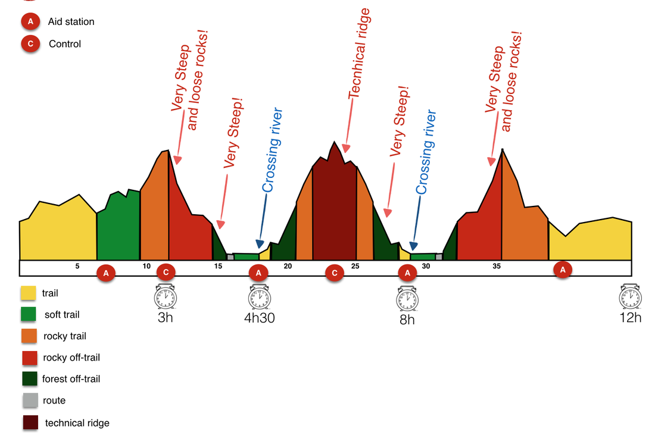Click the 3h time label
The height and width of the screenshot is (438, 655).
pos(166,317)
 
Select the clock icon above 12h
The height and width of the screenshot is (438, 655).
pos(630,296)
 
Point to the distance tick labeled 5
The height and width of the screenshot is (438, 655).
pos(77,266)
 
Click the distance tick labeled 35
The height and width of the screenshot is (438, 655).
pos(497,266)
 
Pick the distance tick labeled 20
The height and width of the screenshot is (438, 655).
pos(288,266)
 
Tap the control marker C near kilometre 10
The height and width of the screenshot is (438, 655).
pos(166,273)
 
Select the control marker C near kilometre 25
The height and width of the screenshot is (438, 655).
pos(335,273)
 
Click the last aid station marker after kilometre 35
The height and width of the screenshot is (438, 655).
pos(563,270)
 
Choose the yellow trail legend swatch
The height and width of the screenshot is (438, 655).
pos(28,293)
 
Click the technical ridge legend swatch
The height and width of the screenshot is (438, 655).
pos(30,423)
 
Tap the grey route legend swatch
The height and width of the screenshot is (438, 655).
pos(29,401)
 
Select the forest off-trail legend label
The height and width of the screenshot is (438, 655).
pos(71,379)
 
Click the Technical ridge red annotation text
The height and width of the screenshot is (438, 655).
pos(359,54)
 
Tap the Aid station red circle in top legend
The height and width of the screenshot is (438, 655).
pos(30,22)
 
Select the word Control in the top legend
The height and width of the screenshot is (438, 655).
pos(65,44)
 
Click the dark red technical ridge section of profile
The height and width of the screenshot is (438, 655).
pos(334,208)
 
